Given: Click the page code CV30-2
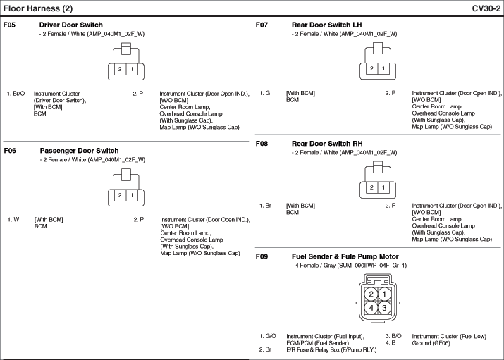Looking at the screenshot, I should coord(486,8).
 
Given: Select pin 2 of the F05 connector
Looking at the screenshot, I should coord(120,69).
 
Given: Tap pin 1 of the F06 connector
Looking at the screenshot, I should coord(132,195).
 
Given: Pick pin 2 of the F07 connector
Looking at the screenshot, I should coord(371,68).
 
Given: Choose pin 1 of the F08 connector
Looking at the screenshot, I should coord(383,187).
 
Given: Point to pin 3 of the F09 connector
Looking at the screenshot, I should coord(384,307).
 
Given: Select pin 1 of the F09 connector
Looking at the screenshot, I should coord(384,294).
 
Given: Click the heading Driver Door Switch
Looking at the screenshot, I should coord(70,25).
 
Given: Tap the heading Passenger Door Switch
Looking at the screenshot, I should coord(79,151).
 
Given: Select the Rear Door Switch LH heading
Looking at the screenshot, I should coord(326,25).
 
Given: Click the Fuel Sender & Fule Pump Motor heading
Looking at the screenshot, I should coord(345,256).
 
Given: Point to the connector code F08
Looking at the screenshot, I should coord(262,144).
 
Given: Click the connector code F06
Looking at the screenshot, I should coord(10,151).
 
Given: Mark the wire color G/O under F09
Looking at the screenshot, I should coord(271,336).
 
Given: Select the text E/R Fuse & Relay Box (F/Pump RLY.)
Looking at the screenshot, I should coord(331,349).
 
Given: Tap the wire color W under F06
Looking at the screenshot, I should coord(16,220).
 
